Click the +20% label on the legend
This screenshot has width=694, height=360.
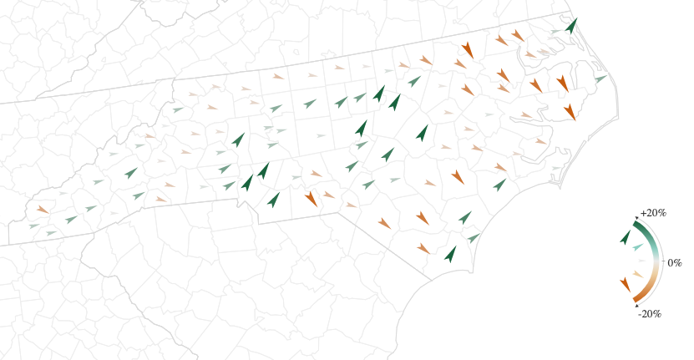click(653, 213)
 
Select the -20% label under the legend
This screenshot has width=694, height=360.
click(650, 314)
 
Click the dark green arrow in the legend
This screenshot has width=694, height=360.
click(626, 236)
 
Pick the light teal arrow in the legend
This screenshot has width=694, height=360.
click(638, 247)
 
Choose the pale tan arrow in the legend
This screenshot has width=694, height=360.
click(638, 274)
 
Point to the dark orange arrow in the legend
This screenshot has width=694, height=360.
click(625, 285)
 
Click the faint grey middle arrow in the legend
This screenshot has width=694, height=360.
click(641, 261)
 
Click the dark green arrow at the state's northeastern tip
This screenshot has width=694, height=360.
click(571, 25)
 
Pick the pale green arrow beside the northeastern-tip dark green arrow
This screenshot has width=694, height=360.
click(555, 32)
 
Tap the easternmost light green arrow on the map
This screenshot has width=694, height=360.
click(600, 79)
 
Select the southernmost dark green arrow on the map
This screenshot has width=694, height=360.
click(450, 254)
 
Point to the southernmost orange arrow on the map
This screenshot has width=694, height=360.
click(423, 248)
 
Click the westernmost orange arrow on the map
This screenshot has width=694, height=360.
click(42, 209)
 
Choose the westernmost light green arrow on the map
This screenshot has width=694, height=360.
click(33, 226)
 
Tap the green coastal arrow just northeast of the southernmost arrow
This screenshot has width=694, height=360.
click(474, 239)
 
